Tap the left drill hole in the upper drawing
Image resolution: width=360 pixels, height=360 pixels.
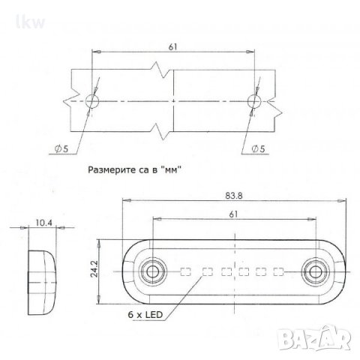[93, 100]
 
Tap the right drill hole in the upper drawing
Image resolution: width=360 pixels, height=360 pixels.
[253, 100]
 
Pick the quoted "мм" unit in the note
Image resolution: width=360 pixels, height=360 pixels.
[175, 170]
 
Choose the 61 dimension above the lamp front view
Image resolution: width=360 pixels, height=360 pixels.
[233, 215]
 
